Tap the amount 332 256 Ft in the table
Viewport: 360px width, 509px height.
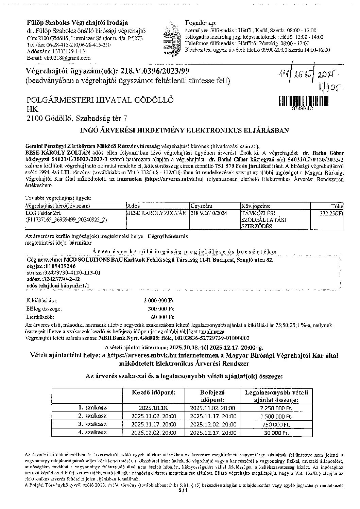tap(331, 214)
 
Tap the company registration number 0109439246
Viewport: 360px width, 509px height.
tap(55, 266)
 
